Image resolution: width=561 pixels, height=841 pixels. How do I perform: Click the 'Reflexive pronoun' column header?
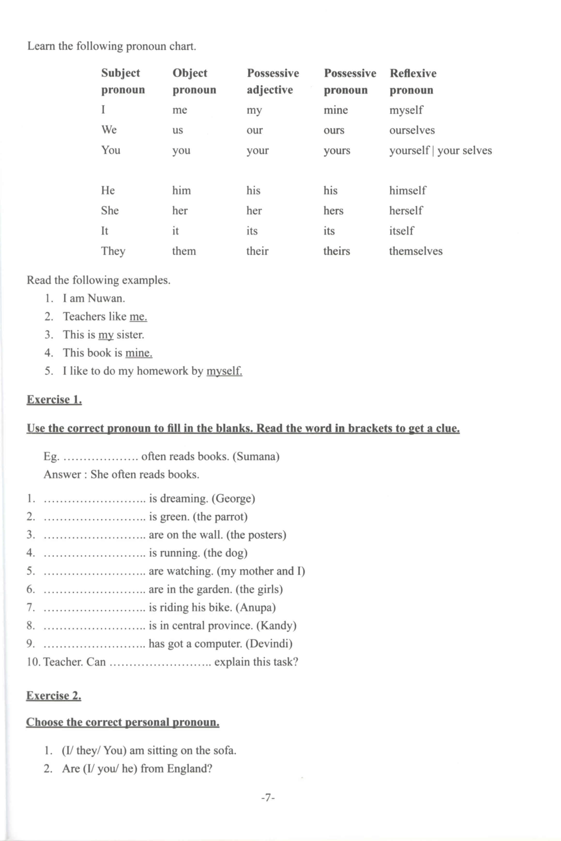point(413,81)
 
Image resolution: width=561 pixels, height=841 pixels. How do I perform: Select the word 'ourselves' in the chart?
point(412,130)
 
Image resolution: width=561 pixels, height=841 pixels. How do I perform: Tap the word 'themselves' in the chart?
point(416,251)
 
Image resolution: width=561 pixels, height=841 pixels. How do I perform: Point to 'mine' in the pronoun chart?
point(336,110)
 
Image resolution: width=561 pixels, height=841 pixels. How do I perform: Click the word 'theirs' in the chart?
point(337,251)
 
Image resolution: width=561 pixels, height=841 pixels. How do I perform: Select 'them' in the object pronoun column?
point(184,251)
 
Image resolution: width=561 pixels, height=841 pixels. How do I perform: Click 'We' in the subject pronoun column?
point(109,129)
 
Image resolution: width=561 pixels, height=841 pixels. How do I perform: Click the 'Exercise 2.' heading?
point(54,695)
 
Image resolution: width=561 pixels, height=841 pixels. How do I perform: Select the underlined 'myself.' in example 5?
point(224,371)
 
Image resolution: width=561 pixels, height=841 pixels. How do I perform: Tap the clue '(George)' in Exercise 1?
point(233,498)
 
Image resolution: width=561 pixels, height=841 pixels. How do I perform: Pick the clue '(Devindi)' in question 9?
point(269,643)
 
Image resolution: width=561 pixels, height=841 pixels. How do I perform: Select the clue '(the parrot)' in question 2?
point(220,516)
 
